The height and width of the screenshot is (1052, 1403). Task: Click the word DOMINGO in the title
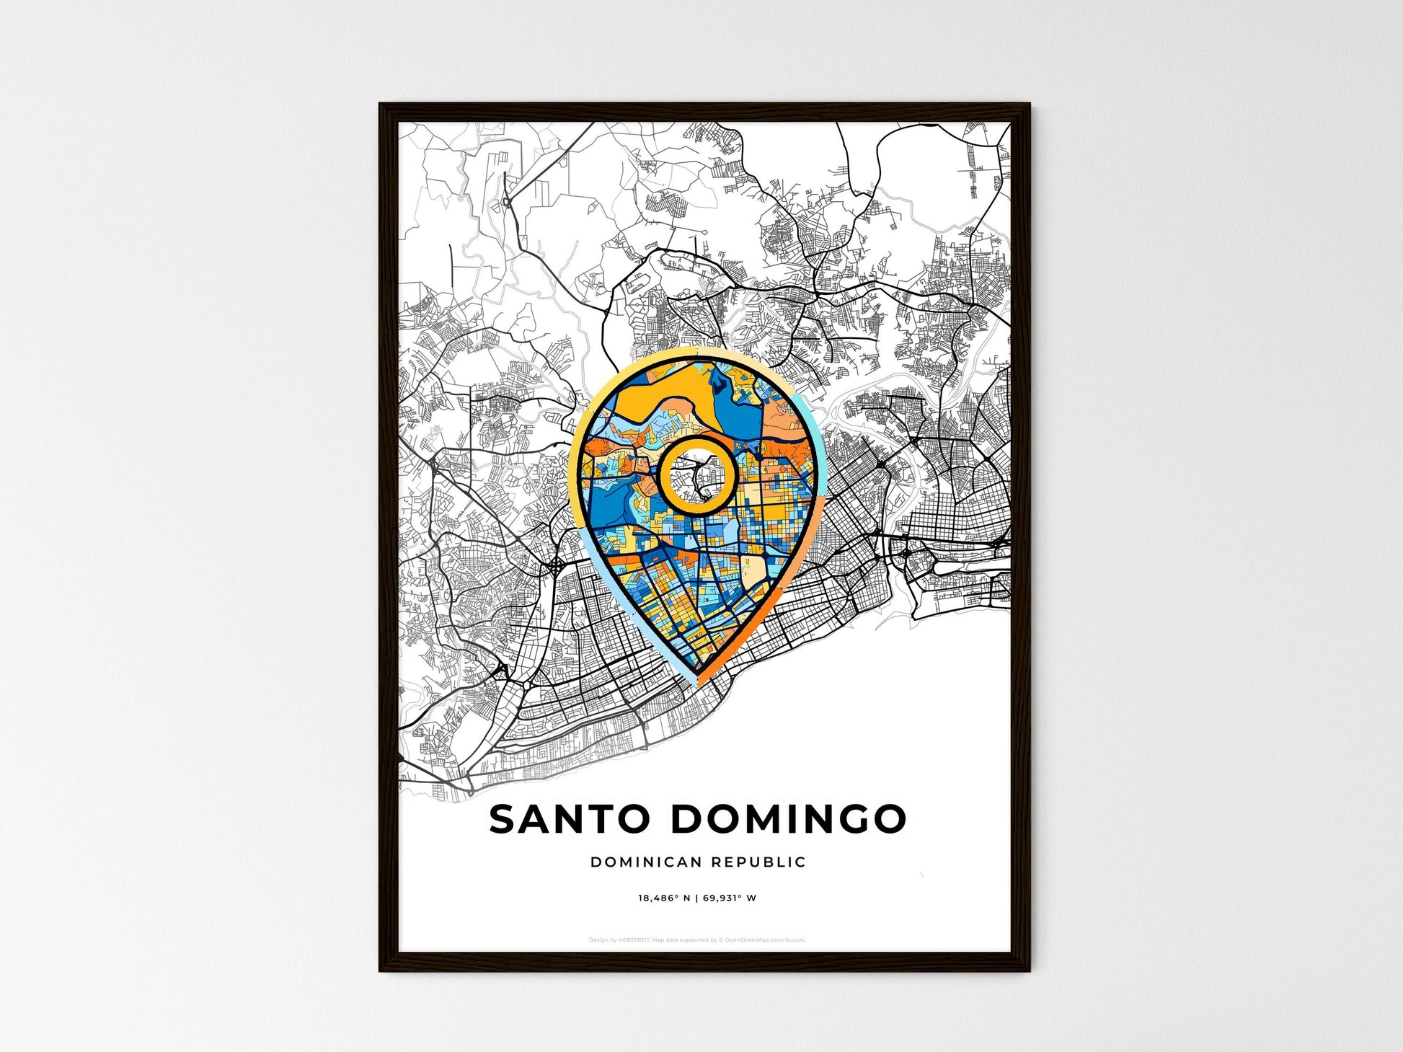tap(788, 819)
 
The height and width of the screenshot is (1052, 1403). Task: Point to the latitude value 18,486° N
tap(664, 898)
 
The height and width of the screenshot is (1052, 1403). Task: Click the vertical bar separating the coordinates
tap(696, 898)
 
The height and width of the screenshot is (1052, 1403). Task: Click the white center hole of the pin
tap(696, 476)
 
